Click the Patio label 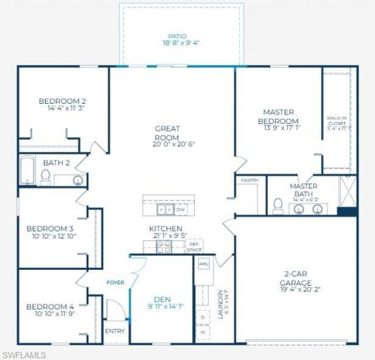click(182, 36)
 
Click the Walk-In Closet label click(337, 121)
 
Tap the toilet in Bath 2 click(45, 176)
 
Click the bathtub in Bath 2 click(27, 171)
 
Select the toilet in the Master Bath click(278, 205)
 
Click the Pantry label click(250, 181)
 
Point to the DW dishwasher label click(181, 209)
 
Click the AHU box click(204, 264)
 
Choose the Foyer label click(115, 283)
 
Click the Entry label click(115, 331)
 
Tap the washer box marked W click(203, 331)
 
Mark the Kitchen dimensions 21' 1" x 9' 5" click(165, 236)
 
